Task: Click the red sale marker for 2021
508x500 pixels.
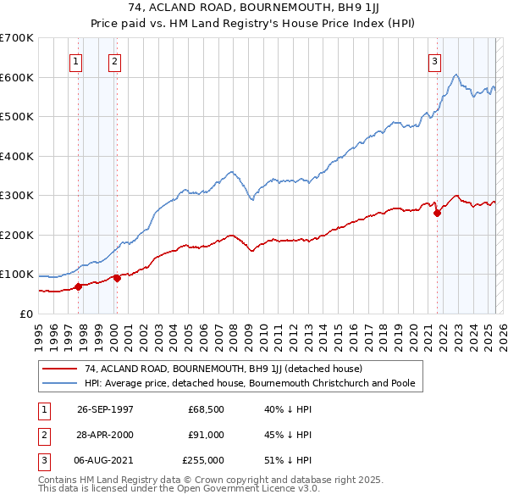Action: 438,214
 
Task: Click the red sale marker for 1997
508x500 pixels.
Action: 79,286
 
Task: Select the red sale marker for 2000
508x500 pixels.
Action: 117,277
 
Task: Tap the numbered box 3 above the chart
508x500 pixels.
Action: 434,60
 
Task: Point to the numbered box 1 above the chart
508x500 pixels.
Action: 75,60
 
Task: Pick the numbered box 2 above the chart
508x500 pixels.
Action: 113,60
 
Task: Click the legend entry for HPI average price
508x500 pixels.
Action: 249,383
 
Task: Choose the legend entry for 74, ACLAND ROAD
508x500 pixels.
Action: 223,369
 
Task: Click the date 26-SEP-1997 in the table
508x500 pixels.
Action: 105,409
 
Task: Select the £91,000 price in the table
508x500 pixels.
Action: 206,435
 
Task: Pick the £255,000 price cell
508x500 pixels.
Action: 203,460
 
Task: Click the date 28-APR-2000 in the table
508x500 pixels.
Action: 105,435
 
